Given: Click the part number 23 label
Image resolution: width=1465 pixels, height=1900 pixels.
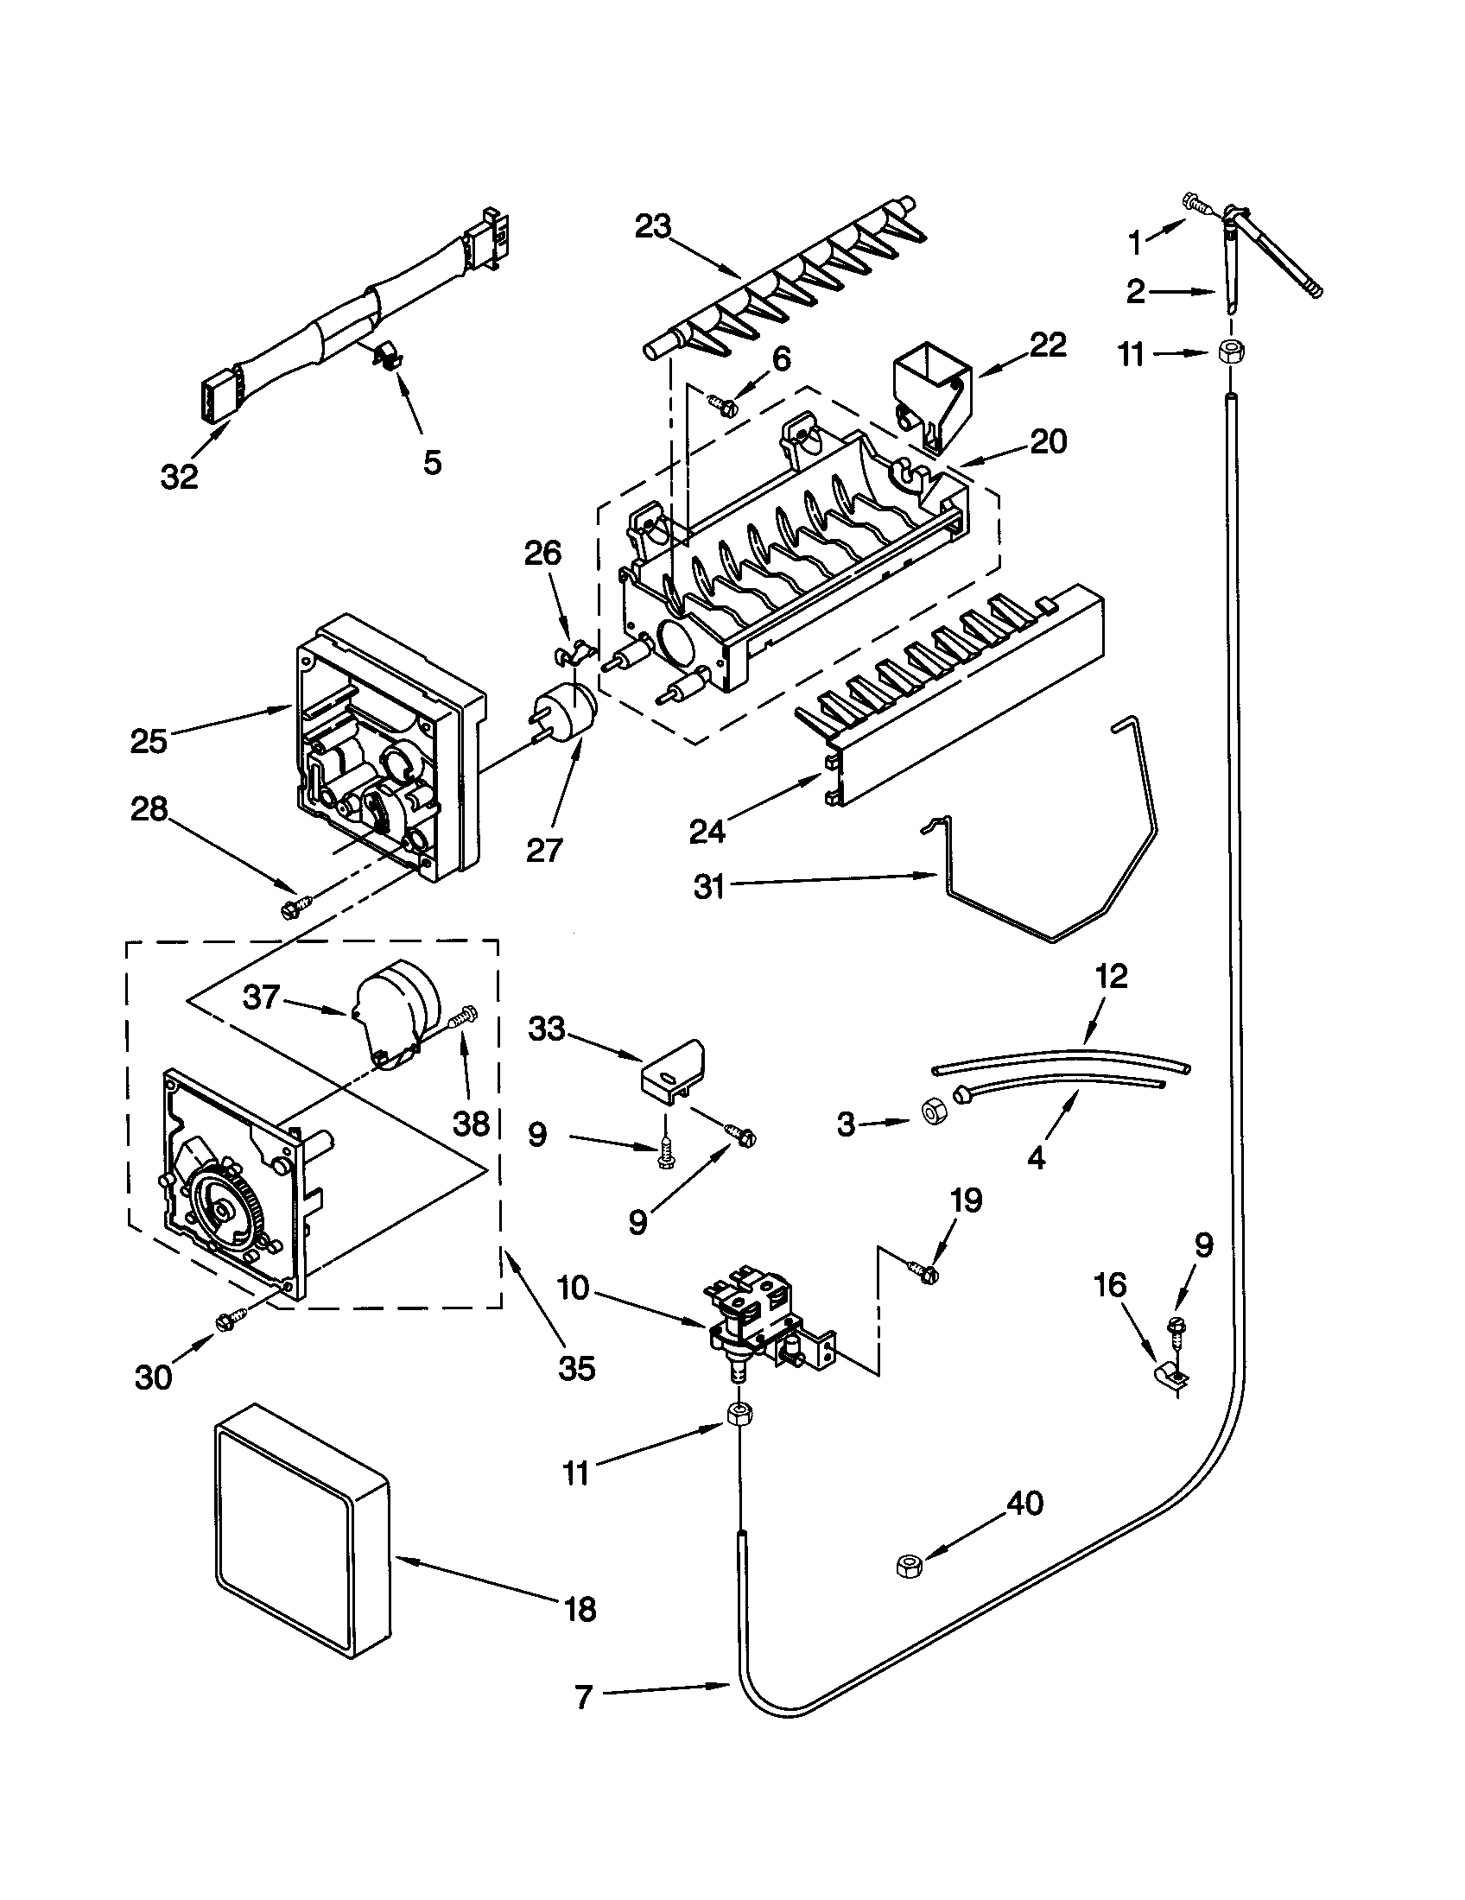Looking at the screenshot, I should [652, 227].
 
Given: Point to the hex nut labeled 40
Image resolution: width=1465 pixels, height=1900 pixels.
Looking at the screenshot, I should [909, 1566].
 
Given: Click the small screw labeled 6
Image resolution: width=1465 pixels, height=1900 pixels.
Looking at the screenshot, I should [723, 404].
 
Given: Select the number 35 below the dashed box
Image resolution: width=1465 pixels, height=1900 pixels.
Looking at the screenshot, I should [577, 1370].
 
